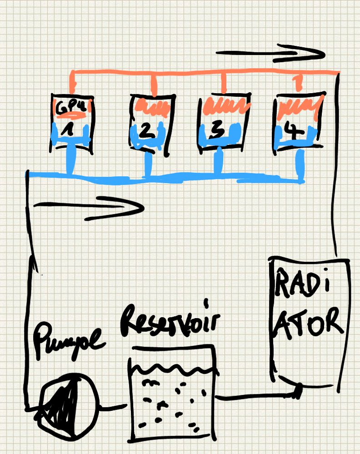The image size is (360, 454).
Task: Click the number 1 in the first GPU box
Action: coord(69,130)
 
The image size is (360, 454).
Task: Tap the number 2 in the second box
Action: coord(145,131)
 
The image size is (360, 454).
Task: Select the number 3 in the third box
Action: coord(218,131)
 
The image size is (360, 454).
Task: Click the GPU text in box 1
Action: coord(68,108)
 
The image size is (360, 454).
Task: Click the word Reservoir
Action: coord(170,320)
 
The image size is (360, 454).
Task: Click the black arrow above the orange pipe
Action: coord(271,53)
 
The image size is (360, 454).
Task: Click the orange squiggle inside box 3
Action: coord(225,107)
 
